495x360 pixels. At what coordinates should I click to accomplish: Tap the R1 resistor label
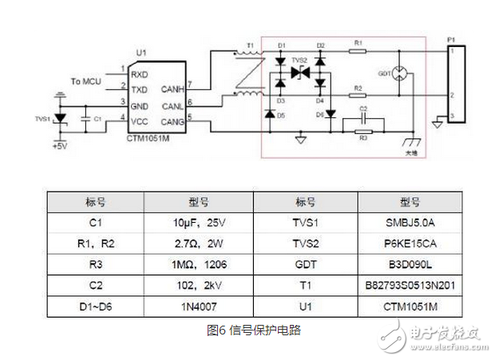[x=358, y=42]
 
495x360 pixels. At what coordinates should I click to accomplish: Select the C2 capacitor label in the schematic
[x=362, y=108]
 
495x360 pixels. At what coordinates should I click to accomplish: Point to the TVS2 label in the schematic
[x=299, y=60]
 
